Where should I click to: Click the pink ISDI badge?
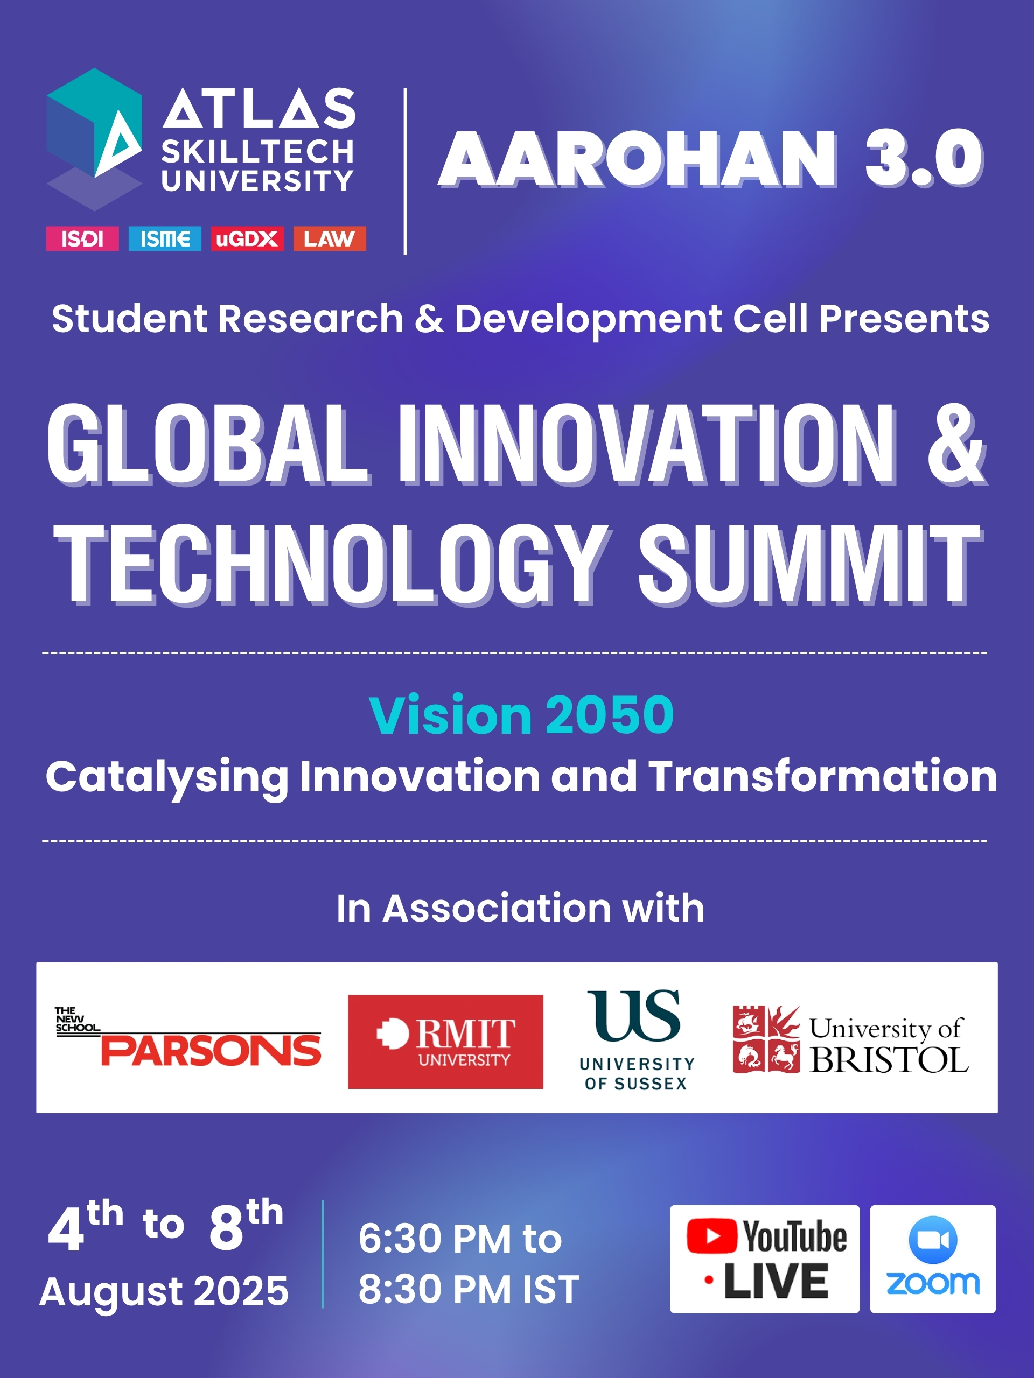82,238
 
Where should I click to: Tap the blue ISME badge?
165,238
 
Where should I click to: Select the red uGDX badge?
247,238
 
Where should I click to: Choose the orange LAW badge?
330,238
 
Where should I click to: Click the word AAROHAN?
638,158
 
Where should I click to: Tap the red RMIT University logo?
445,1042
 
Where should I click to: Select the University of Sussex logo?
637,1040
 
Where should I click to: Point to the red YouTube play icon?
712,1236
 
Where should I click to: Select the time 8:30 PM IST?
469,1289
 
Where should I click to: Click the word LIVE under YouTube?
776,1282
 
